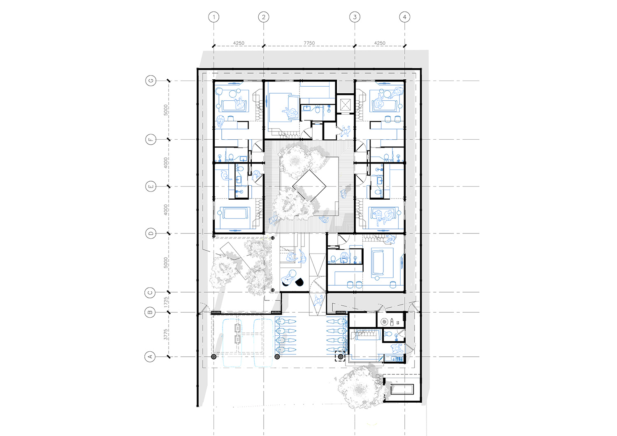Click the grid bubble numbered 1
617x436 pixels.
click(213, 17)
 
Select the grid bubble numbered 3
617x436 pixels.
click(355, 17)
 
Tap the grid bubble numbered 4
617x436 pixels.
click(405, 17)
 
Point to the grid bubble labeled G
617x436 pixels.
click(151, 81)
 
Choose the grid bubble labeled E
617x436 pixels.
click(151, 187)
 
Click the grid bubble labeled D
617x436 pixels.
click(151, 233)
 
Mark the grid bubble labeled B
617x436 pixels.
click(150, 312)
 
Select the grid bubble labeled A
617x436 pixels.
click(150, 357)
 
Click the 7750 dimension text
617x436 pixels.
click(309, 43)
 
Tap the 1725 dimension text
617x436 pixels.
click(166, 302)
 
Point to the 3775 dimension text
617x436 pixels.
click(166, 334)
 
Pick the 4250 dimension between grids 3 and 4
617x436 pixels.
click(379, 43)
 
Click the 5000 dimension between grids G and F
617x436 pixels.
click(166, 110)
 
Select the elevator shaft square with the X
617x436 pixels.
click(345, 103)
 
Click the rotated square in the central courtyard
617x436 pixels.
click(309, 187)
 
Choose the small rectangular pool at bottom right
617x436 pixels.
click(401, 389)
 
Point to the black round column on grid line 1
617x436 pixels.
click(213, 357)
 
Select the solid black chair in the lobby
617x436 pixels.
click(299, 282)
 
